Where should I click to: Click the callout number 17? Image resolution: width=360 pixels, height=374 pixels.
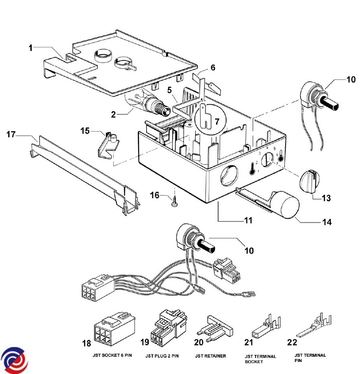coord(11,134)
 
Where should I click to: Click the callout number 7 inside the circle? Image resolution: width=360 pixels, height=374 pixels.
coord(217,122)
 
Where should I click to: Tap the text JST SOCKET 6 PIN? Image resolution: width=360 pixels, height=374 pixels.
coord(112,355)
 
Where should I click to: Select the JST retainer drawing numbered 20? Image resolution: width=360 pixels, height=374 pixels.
coord(215,329)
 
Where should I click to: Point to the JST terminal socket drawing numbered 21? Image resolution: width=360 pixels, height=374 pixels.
coord(266,326)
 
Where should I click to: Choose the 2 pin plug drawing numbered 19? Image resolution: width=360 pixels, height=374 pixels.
coord(169,327)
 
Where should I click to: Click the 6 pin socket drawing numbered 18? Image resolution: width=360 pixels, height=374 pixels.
coord(115,329)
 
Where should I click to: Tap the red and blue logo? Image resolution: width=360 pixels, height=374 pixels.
coord(14,360)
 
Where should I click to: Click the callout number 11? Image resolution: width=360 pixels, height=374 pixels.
coord(248,220)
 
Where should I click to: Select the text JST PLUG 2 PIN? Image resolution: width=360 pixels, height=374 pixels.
coord(162,356)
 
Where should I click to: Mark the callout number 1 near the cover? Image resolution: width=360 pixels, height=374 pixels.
coord(31,48)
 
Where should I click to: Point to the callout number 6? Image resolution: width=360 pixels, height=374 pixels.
coord(213,67)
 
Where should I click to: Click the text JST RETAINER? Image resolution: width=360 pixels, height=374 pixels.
coord(211,356)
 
